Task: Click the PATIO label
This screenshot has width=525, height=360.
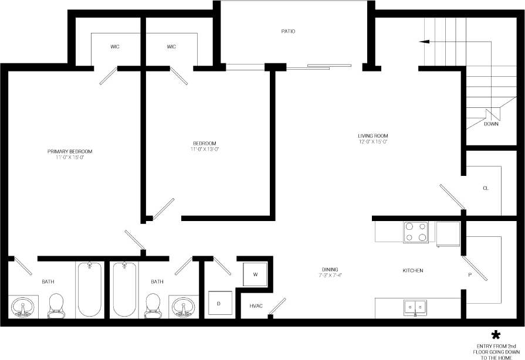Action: pos(287,31)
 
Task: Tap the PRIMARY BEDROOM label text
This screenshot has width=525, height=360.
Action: pos(70,151)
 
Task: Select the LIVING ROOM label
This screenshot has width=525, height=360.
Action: pos(373,135)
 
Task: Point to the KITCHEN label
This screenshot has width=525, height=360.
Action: pos(412,270)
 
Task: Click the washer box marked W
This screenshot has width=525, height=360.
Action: pos(255,274)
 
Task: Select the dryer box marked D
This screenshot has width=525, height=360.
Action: pos(219,303)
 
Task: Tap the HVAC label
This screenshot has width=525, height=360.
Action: pos(256,306)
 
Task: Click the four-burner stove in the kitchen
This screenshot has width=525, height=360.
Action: pos(415,232)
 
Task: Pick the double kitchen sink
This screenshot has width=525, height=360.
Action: pos(415,307)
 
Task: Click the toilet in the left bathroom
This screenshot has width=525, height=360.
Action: pos(56,305)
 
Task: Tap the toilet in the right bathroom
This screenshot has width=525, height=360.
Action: pos(153,305)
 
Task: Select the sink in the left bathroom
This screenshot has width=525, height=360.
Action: pos(23,307)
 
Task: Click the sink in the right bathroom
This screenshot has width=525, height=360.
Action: pos(184,307)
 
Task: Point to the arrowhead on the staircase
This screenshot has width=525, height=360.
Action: pos(422,42)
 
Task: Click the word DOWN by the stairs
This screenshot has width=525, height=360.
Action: pos(491,124)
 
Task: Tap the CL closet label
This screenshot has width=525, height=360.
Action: pos(486,188)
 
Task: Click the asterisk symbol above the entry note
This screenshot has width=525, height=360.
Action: pos(496,335)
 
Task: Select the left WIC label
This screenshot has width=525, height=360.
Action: pos(115,47)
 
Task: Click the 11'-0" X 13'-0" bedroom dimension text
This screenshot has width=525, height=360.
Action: pos(205,150)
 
